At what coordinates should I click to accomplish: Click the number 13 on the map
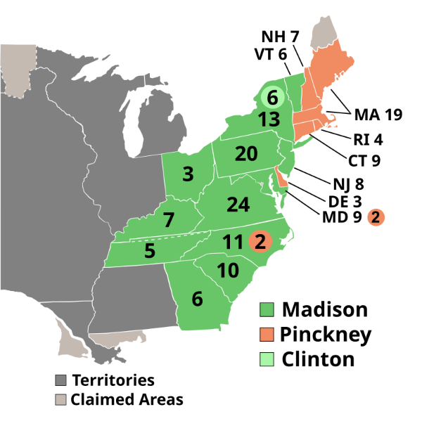tap(269, 119)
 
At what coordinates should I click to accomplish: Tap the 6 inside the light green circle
tap(272, 98)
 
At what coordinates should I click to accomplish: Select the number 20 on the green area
tap(246, 153)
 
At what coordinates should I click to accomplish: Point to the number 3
tap(188, 174)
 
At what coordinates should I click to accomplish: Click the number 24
tap(238, 205)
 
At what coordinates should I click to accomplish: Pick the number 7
tap(168, 220)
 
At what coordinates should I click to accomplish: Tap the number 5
tap(149, 250)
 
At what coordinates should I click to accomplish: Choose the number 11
tap(233, 242)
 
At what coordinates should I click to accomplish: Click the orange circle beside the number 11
tap(260, 242)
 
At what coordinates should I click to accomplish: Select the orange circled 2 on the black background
tap(376, 217)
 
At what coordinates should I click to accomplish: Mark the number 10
tap(228, 270)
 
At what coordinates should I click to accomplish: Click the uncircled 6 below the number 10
tap(197, 299)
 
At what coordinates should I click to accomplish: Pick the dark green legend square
tap(267, 309)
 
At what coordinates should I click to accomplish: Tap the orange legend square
tap(267, 334)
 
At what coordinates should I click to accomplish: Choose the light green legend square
tap(267, 359)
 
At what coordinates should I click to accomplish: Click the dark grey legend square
tap(61, 380)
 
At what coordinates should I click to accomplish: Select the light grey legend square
tap(61, 399)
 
